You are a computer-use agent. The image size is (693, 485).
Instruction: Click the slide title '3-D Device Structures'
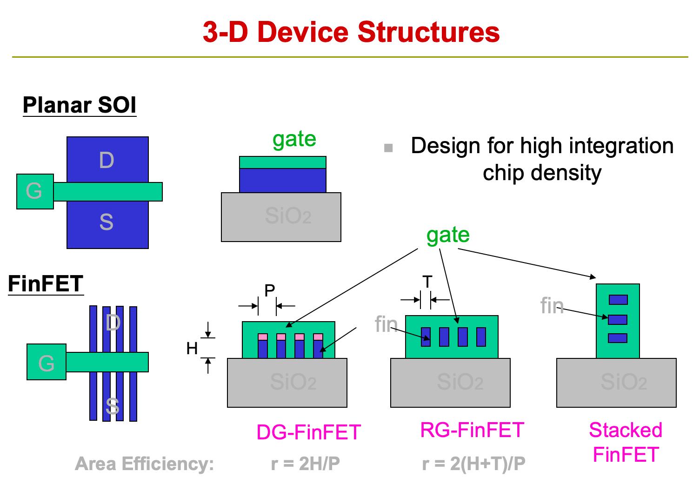coord(351,32)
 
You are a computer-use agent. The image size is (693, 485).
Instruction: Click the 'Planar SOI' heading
coord(80,105)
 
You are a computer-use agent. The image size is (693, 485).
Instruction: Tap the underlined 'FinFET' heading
coord(46,283)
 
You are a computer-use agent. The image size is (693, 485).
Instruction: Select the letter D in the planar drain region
coord(107,160)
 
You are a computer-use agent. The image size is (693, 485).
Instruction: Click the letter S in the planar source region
coord(107,222)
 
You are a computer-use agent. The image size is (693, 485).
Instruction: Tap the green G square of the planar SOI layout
coord(35,191)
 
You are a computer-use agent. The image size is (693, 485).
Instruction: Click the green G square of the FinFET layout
coord(47,362)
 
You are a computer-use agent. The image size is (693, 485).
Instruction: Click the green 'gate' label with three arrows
coord(448,235)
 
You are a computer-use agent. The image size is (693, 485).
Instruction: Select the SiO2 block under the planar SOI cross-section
coord(281,217)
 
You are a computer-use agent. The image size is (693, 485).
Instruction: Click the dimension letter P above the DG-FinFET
coord(270,290)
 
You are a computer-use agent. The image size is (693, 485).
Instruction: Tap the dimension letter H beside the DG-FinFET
coord(192,348)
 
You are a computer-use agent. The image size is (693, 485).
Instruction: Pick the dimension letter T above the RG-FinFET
coord(427,282)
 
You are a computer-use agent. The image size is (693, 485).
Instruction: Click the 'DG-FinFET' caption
coord(309,432)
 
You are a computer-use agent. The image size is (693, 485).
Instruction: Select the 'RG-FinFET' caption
coord(472,430)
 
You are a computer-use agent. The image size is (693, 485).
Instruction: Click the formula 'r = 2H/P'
coord(306,464)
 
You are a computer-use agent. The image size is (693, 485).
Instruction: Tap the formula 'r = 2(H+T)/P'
coord(473,464)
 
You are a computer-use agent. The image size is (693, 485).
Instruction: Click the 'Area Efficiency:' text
coord(144,464)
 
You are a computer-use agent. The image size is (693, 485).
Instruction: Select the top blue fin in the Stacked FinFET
coord(618,299)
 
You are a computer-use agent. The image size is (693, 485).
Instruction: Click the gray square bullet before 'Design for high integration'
coord(388,148)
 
